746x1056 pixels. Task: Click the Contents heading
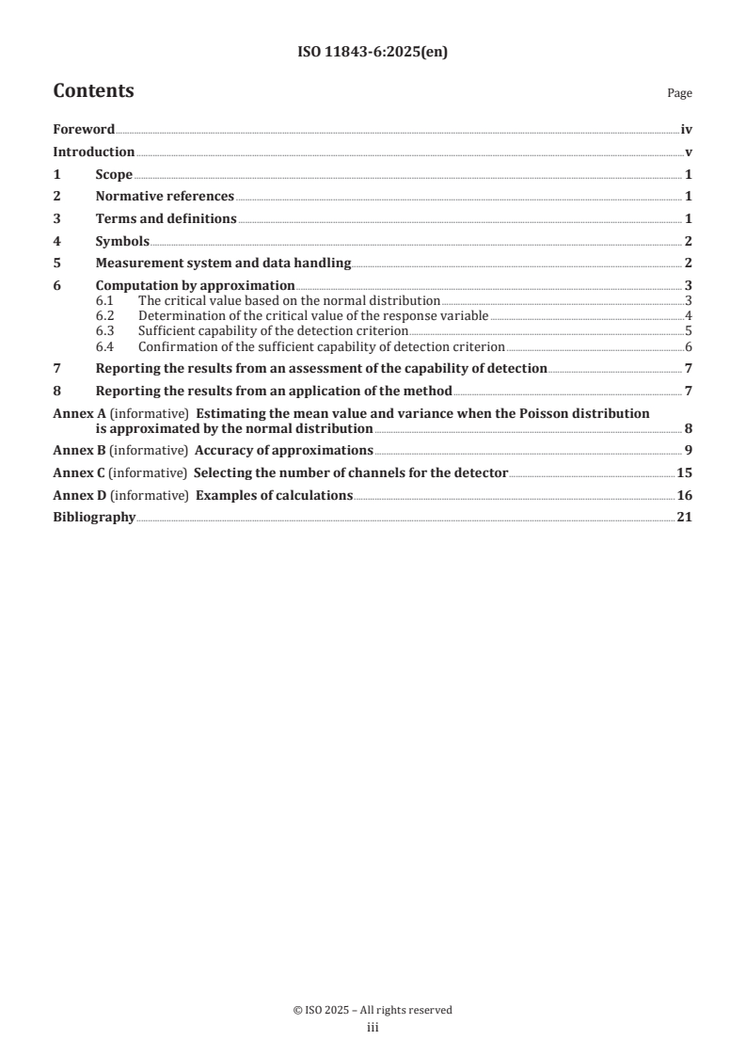pos(93,91)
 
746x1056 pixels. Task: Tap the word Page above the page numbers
pos(679,94)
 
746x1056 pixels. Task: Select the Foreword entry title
pos(84,130)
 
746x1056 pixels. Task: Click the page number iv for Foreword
pos(687,130)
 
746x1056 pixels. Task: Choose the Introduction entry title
pos(94,152)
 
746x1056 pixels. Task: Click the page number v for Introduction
pos(689,152)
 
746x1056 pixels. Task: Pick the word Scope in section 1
pos(114,175)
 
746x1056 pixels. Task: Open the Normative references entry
pos(165,197)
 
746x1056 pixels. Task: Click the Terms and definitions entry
pos(166,219)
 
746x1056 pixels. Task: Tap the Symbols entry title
pos(122,242)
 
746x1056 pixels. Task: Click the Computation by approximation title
pos(196,286)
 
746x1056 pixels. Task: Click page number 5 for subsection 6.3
pos(689,331)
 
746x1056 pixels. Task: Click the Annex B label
pos(80,450)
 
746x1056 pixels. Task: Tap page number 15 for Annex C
pos(685,472)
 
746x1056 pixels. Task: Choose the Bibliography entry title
pos(94,518)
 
